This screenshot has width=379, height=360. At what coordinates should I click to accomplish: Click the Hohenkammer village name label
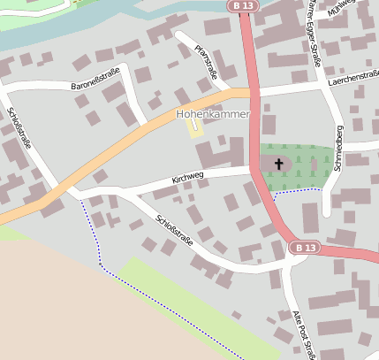[213, 115]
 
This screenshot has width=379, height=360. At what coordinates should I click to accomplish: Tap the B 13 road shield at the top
[244, 6]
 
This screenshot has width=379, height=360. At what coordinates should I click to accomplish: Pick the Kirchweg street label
[188, 178]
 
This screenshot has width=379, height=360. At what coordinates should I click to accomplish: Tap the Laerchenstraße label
[352, 78]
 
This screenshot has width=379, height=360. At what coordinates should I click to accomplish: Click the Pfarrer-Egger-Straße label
[313, 33]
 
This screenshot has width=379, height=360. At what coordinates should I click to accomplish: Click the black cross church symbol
[280, 164]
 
